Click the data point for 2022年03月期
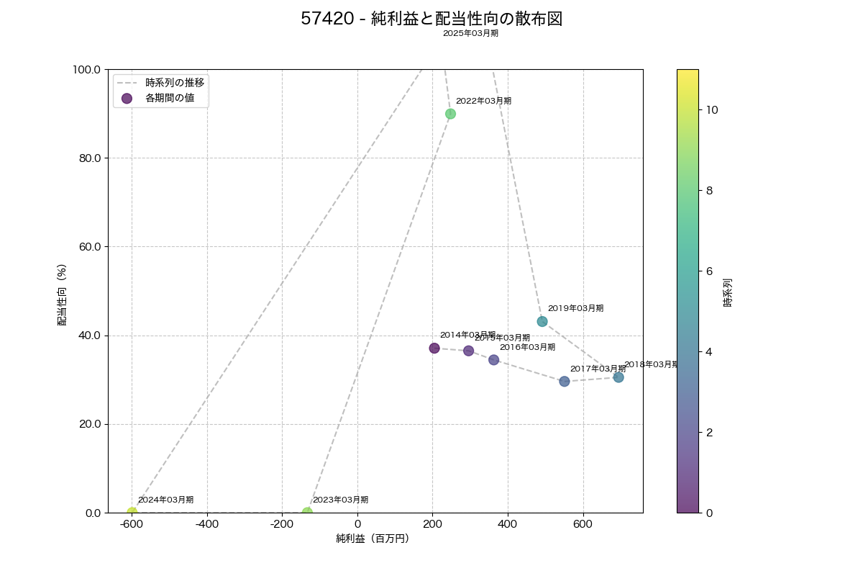pos(450,114)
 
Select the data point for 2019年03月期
pos(542,321)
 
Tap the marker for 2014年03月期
pos(434,348)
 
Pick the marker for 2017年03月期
pos(565,382)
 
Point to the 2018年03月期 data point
pos(618,377)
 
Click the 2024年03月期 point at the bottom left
pos(132,513)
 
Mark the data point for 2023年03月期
pos(307,513)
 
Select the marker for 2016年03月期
pos(494,360)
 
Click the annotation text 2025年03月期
pos(470,33)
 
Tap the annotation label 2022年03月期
pos(483,101)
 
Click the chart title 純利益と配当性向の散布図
pos(431,19)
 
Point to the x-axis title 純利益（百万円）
pos(373,539)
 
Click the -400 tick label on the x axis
pos(206,523)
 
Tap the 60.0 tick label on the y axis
pos(88,247)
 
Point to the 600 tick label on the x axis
pos(583,523)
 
